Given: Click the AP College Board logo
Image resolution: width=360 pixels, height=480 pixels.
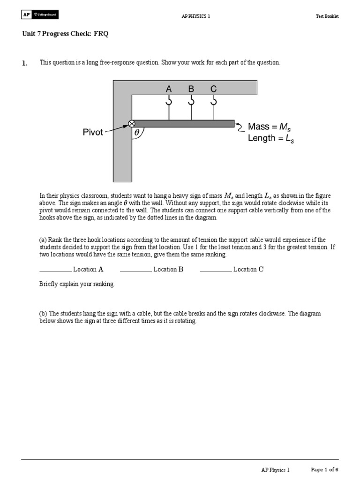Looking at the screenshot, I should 40,15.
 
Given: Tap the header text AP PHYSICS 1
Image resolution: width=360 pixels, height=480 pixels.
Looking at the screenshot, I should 195,16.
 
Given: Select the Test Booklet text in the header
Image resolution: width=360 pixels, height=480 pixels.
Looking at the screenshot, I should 327,16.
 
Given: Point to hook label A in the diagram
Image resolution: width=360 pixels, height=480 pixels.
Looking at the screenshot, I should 169,89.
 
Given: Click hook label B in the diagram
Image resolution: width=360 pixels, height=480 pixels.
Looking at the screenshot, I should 191,89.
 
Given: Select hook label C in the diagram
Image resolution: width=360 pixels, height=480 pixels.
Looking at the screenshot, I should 214,89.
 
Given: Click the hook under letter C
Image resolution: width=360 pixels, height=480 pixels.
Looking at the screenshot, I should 214,101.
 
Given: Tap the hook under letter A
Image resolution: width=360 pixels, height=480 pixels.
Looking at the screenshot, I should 169,101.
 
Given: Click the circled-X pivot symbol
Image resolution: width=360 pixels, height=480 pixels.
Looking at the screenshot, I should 131,124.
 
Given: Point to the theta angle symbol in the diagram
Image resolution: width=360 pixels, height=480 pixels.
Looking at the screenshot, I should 137,133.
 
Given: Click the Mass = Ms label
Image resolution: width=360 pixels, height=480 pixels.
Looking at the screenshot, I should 272,127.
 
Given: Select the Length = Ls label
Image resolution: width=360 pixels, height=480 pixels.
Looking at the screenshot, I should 271,138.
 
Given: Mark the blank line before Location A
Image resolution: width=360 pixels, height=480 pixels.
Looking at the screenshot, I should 55,270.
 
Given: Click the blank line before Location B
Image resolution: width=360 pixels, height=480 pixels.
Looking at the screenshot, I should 136,270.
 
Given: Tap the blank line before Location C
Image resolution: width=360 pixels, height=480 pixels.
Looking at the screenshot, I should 216,270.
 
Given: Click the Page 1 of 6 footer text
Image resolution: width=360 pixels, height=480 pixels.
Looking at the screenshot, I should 325,469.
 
